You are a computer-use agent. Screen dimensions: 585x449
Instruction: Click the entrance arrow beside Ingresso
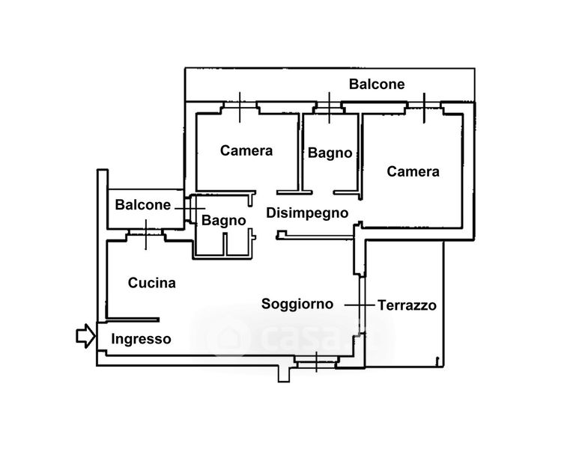pos(86,336)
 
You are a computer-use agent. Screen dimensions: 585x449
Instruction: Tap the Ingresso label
pos(141,340)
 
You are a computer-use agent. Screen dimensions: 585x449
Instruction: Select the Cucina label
pos(151,283)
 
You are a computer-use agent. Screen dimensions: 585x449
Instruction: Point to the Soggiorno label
pos(297,304)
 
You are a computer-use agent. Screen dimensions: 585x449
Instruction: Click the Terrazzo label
pos(407,305)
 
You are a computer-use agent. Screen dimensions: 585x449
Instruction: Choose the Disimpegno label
pos(307,213)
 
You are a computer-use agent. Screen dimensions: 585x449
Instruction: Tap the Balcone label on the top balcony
pos(377,85)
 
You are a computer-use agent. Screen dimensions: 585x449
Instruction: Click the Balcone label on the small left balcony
pos(142,204)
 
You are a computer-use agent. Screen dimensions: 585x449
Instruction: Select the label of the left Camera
pos(246,150)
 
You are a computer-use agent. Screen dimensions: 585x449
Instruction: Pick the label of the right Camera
pos(413,171)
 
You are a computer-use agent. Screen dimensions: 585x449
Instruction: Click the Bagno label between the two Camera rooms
pos(330,153)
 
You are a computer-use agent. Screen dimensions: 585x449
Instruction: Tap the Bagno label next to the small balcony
pos(223,220)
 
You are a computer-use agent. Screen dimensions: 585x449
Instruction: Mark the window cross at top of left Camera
pos(240,107)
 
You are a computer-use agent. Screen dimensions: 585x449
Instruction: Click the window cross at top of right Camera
pos(424,107)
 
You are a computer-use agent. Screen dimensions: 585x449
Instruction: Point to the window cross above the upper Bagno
pos(329,108)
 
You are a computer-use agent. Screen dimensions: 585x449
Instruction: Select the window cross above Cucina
pos(146,234)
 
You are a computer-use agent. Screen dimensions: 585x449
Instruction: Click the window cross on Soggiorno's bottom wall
pos(316,361)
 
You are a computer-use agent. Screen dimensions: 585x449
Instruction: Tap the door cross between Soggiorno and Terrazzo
pos(360,305)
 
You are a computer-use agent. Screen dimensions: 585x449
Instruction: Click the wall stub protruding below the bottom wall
pos(284,373)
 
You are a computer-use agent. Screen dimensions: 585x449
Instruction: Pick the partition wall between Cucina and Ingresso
pos(133,320)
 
